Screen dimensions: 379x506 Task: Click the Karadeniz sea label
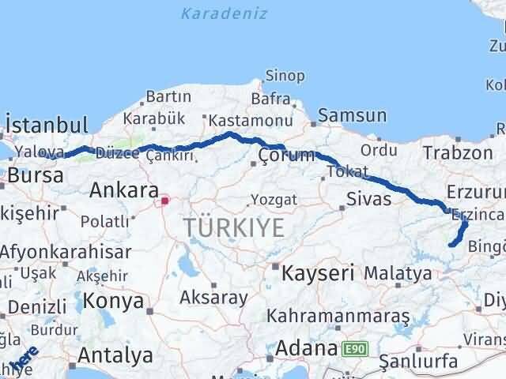(224, 13)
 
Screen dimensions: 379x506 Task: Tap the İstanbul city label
(46, 125)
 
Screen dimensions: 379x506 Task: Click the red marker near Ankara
(164, 201)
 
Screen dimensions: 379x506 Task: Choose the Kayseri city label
(318, 273)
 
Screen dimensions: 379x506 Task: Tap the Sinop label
(285, 76)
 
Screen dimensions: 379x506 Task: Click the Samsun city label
(352, 116)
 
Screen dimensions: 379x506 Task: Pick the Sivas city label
(369, 198)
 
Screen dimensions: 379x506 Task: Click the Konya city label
(114, 301)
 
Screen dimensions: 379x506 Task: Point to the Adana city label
(308, 348)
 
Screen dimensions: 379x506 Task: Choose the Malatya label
(398, 274)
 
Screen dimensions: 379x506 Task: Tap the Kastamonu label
(241, 121)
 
